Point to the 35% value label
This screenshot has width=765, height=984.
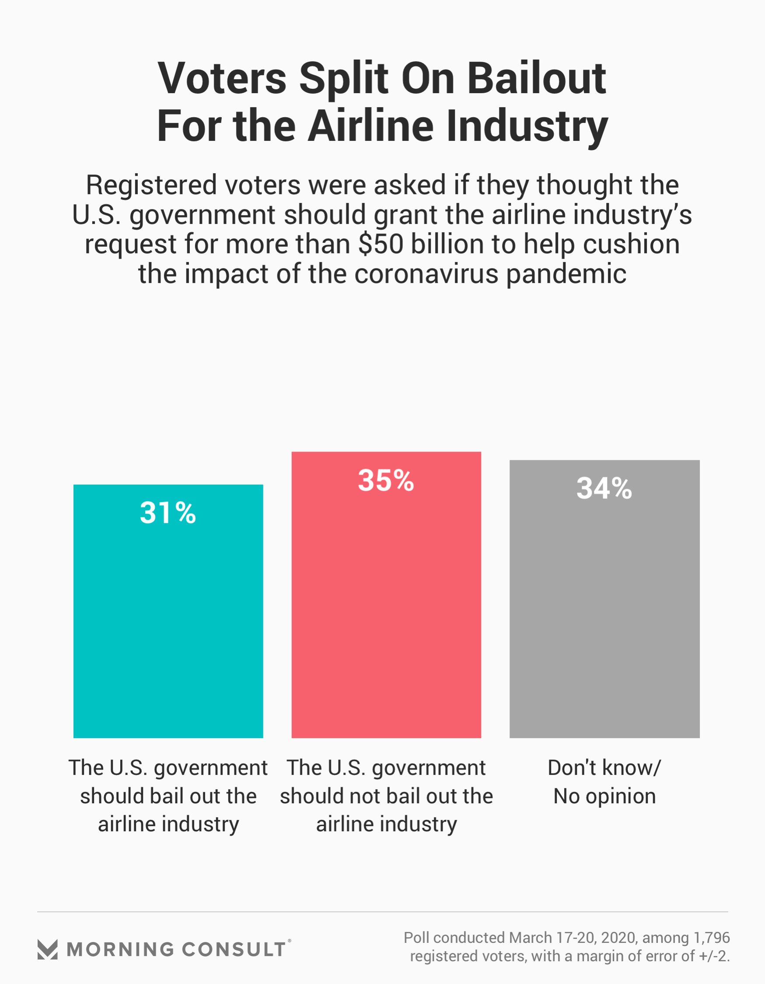tap(386, 480)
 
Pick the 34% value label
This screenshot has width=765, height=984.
tap(604, 488)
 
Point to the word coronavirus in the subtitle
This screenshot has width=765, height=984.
tap(426, 274)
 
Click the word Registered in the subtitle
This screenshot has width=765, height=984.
tap(151, 185)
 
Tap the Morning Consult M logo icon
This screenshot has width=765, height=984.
tap(47, 949)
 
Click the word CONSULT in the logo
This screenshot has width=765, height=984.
tap(234, 949)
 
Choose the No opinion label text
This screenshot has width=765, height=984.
tap(604, 796)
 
